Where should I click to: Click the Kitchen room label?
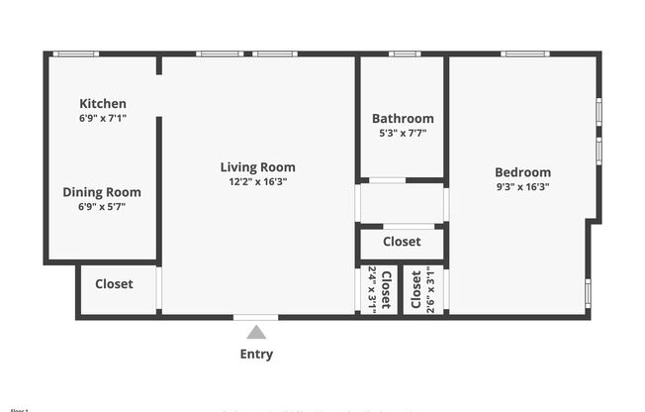click(x=103, y=103)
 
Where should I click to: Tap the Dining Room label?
click(x=102, y=192)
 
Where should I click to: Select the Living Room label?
click(x=257, y=166)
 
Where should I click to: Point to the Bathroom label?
click(x=403, y=119)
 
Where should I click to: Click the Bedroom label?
click(x=522, y=171)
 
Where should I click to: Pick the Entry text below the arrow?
click(x=256, y=354)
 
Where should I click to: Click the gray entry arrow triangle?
click(x=256, y=333)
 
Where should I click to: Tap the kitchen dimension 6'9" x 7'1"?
click(x=103, y=118)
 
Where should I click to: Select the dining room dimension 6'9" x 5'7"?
click(x=102, y=207)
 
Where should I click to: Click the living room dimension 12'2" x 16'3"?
click(x=257, y=181)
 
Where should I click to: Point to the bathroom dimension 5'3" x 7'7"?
click(x=403, y=134)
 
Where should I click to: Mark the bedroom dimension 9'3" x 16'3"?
click(x=522, y=186)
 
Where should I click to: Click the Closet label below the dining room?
click(x=114, y=284)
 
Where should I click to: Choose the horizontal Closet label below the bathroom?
click(x=402, y=242)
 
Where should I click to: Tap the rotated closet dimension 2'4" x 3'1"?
click(x=373, y=289)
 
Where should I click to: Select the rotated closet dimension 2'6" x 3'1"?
click(x=429, y=289)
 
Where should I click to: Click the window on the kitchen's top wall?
click(x=75, y=53)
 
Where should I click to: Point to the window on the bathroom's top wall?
click(x=405, y=53)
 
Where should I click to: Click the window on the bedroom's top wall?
click(x=524, y=53)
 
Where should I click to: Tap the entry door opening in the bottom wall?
click(x=256, y=317)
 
